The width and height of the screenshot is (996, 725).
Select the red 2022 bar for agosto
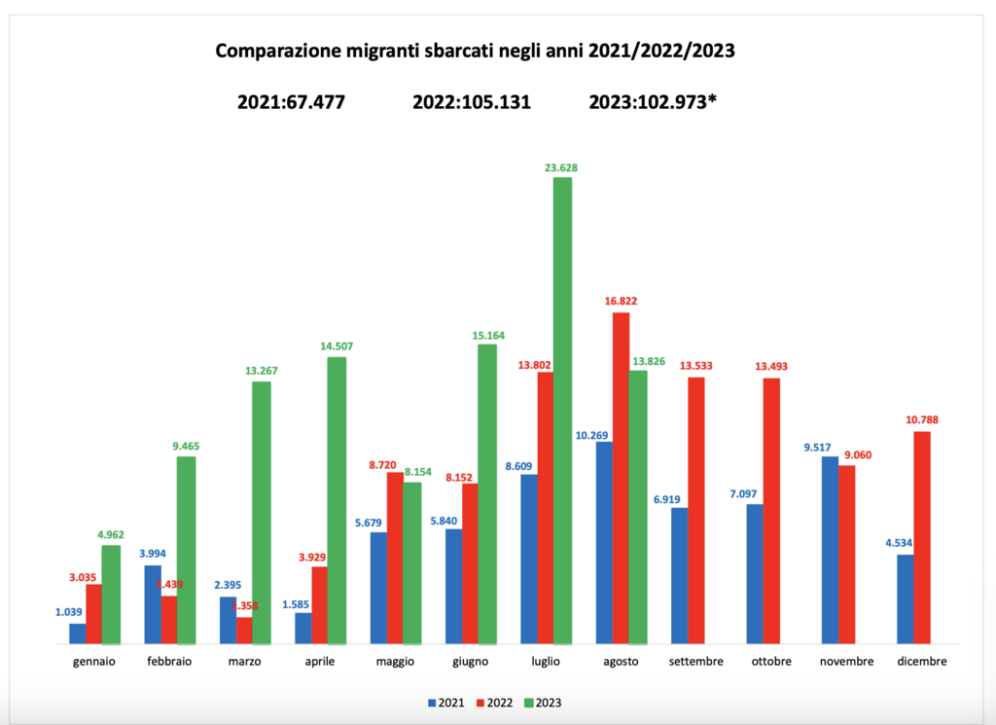pyautogui.click(x=621, y=478)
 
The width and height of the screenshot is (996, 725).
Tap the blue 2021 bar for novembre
pyautogui.click(x=830, y=550)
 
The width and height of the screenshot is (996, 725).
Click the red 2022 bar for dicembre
pyautogui.click(x=922, y=537)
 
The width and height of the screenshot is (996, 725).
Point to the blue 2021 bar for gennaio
pyautogui.click(x=77, y=634)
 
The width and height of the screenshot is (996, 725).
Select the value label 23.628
pyautogui.click(x=562, y=167)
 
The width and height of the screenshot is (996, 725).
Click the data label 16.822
pyautogui.click(x=621, y=302)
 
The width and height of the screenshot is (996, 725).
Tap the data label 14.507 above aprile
pyautogui.click(x=337, y=346)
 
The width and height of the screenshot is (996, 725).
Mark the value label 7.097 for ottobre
pyautogui.click(x=754, y=493)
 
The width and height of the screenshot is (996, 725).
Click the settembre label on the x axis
pyautogui.click(x=696, y=662)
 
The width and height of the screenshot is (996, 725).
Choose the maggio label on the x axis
pyautogui.click(x=395, y=662)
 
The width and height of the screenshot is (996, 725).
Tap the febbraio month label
pyautogui.click(x=170, y=662)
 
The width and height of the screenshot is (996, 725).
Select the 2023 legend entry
pyautogui.click(x=543, y=702)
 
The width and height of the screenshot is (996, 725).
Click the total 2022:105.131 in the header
pyautogui.click(x=472, y=101)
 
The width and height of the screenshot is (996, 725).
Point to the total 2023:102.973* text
pyautogui.click(x=653, y=101)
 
